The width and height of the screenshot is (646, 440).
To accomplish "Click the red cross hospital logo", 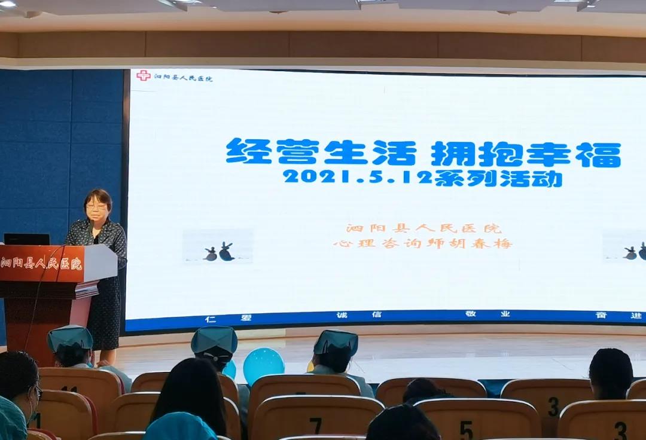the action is pos(144,75).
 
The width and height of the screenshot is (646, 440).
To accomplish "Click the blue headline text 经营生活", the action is pos(321,152).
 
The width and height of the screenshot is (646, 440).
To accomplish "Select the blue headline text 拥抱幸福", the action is pos(526,154).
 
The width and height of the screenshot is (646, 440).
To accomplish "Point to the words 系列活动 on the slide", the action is pos(498,179).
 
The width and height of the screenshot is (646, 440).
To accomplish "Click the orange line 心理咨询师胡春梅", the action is pos(423,243).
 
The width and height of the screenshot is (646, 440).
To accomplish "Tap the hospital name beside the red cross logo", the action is pos(183,77).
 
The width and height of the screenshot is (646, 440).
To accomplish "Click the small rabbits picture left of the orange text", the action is pos(218,246).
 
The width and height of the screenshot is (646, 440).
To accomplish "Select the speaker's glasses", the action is pos(96,206).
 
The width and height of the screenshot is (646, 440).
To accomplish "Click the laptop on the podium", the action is pos(27,239).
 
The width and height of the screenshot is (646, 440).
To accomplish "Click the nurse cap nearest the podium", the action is pos(69,337).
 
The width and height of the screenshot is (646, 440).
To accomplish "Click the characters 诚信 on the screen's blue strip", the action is pos(359,315).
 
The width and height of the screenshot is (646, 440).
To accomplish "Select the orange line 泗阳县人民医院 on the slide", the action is pos(424,228).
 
